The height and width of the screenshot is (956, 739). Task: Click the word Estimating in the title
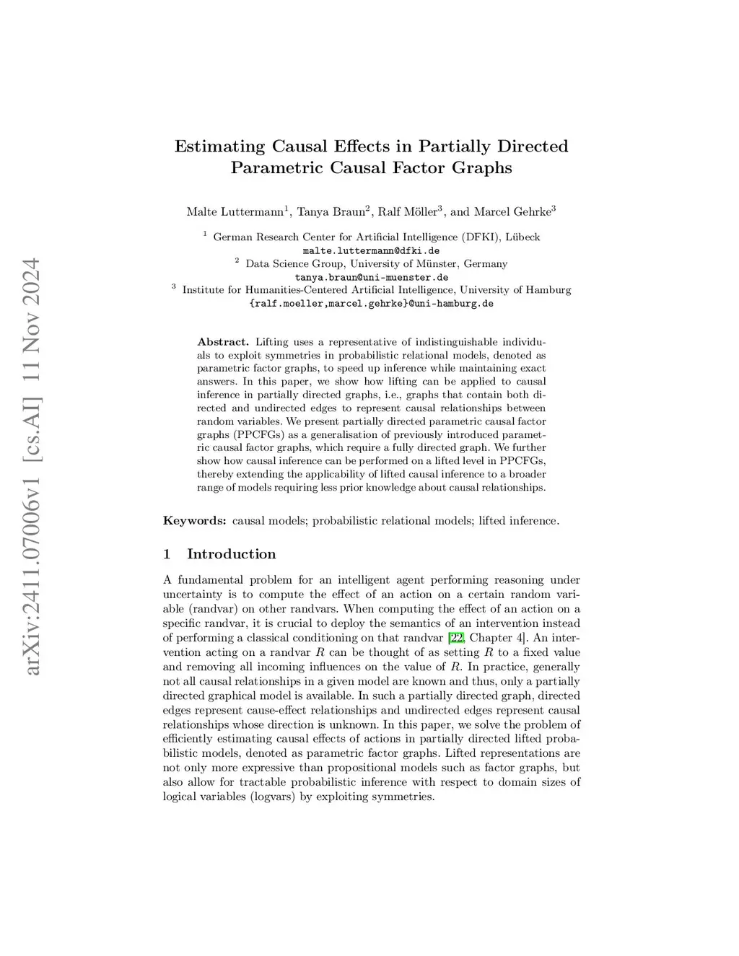pos(219,146)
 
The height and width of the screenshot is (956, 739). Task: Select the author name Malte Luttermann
pos(235,211)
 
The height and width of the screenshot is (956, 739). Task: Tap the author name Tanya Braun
pos(331,211)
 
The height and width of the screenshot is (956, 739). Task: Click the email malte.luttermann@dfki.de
pos(371,250)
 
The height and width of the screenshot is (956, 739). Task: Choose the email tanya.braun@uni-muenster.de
pos(371,277)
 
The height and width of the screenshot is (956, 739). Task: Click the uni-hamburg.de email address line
pos(371,304)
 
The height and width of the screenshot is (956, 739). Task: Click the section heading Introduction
pos(231,554)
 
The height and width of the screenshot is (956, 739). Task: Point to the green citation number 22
pos(456,638)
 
